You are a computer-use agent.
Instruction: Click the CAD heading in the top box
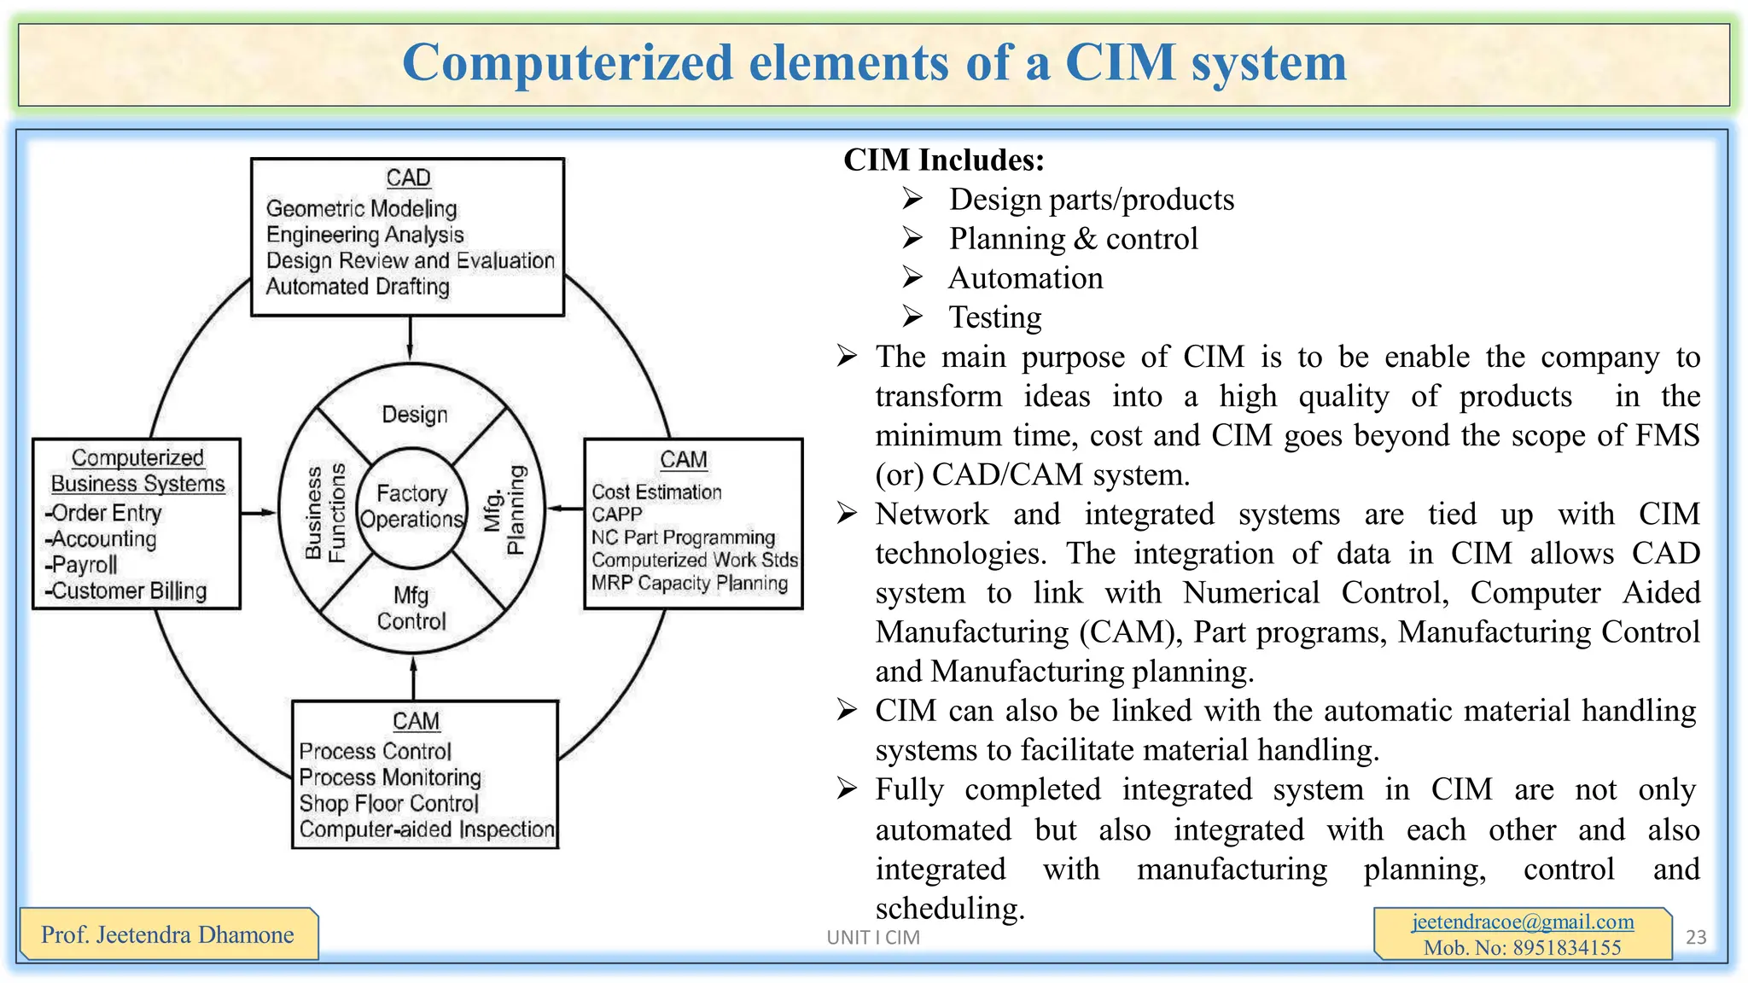[408, 177]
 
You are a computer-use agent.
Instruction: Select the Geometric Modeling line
[361, 208]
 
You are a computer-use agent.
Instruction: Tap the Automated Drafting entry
[357, 287]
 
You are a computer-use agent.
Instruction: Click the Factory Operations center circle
[412, 506]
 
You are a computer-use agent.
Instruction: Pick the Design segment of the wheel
[414, 415]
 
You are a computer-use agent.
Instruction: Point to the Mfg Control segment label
[411, 608]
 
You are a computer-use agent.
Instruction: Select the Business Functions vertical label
[325, 513]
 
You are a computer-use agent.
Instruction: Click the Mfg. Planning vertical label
[504, 510]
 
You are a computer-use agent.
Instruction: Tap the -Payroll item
[82, 565]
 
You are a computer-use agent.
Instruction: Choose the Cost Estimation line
[656, 492]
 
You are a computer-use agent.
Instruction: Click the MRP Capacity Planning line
[689, 584]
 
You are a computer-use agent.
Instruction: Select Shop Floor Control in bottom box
[388, 804]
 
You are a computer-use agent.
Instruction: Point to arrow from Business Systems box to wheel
[259, 513]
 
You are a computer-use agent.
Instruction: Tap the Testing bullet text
[995, 317]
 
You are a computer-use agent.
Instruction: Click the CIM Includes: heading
[943, 160]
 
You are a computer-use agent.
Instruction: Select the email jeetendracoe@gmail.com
[1522, 922]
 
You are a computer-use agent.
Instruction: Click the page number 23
[1695, 937]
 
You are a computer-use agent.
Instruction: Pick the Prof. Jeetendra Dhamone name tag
[167, 934]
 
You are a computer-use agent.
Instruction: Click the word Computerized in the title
[568, 64]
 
